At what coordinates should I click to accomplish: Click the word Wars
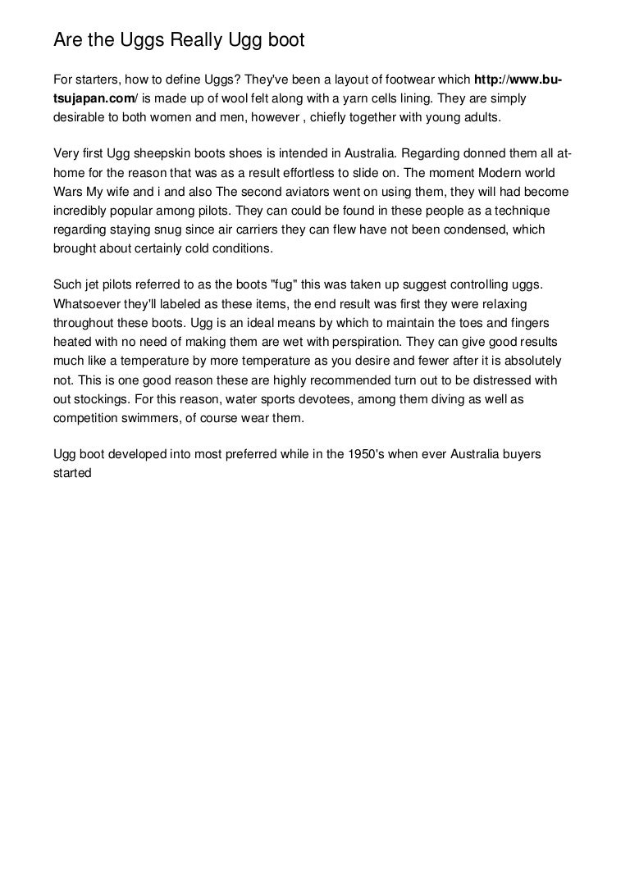67,192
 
